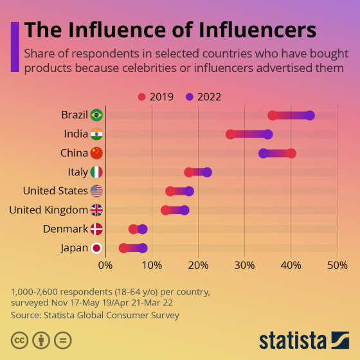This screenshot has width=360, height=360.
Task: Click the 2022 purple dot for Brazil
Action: tap(310, 115)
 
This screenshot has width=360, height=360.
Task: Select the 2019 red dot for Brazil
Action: tap(273, 115)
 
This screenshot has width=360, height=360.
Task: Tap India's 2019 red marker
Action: tap(230, 134)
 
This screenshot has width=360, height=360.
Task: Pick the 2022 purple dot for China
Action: tap(263, 153)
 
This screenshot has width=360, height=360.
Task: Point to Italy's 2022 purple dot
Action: tap(207, 172)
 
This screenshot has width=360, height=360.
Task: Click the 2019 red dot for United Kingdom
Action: tap(165, 210)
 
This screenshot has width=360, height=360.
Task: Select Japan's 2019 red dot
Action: tap(123, 248)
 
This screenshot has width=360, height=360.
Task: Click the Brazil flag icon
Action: tap(96, 115)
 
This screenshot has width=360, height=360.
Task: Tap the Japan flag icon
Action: tap(96, 248)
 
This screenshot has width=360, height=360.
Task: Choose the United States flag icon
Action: tap(96, 191)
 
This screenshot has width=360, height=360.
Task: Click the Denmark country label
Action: tap(65, 229)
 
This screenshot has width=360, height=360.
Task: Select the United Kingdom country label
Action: tap(48, 210)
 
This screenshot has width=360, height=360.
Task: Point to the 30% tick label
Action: tap(244, 264)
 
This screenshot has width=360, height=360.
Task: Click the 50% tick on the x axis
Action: tap(337, 264)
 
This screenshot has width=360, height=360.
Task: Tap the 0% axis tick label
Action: tap(105, 264)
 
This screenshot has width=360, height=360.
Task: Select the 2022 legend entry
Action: tap(203, 97)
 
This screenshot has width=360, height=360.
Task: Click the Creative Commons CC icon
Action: tap(19, 339)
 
